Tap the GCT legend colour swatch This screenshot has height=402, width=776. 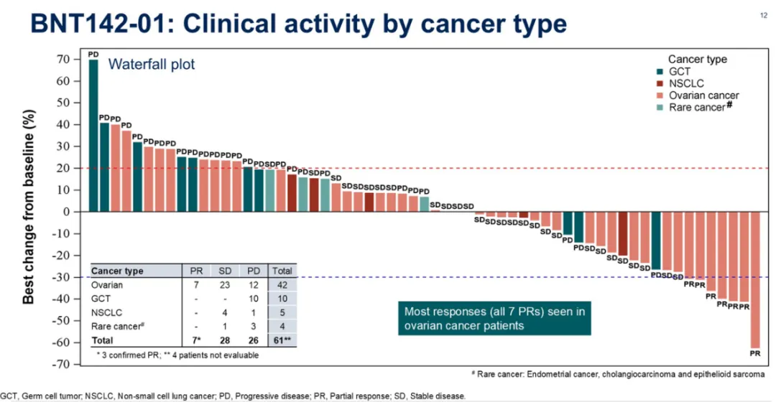tap(662, 72)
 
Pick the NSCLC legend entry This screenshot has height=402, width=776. tap(685, 83)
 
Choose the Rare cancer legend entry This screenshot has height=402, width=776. tap(696, 107)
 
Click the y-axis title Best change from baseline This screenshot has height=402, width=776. tap(29, 206)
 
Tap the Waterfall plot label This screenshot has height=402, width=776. tap(152, 65)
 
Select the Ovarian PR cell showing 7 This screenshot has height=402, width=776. tap(196, 285)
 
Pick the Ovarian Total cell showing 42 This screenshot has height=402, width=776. tap(281, 285)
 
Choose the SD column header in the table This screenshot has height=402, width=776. tap(223, 271)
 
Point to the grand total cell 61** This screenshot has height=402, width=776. tap(281, 339)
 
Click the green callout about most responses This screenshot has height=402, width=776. tap(495, 318)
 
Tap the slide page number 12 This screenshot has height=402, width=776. tap(763, 15)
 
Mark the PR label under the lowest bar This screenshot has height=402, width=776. tap(755, 354)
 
